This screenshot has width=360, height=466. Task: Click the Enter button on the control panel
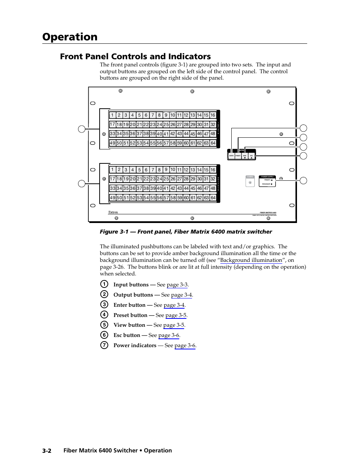231,155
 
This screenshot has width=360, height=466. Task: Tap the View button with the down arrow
245,156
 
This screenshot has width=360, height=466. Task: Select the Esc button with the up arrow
251,156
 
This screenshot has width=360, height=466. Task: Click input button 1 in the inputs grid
112,115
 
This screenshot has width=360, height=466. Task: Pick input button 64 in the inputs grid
213,143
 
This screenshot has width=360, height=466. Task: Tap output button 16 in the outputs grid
213,170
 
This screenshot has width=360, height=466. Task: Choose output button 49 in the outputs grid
112,198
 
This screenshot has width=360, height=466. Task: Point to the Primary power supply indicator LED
272,180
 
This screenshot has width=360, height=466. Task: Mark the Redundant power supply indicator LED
272,184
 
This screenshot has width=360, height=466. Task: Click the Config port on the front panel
250,182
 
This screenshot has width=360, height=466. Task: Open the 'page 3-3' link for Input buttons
177,285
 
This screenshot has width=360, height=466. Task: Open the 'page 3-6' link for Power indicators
185,346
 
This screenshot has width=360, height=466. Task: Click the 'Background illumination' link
251,260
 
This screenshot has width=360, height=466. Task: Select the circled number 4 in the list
104,315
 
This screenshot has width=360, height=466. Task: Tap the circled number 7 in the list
104,345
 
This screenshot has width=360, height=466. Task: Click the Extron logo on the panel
113,212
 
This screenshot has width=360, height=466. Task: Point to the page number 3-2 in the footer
47,451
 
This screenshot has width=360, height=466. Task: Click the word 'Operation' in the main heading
70,37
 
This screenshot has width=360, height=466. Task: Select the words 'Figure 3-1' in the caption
114,232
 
